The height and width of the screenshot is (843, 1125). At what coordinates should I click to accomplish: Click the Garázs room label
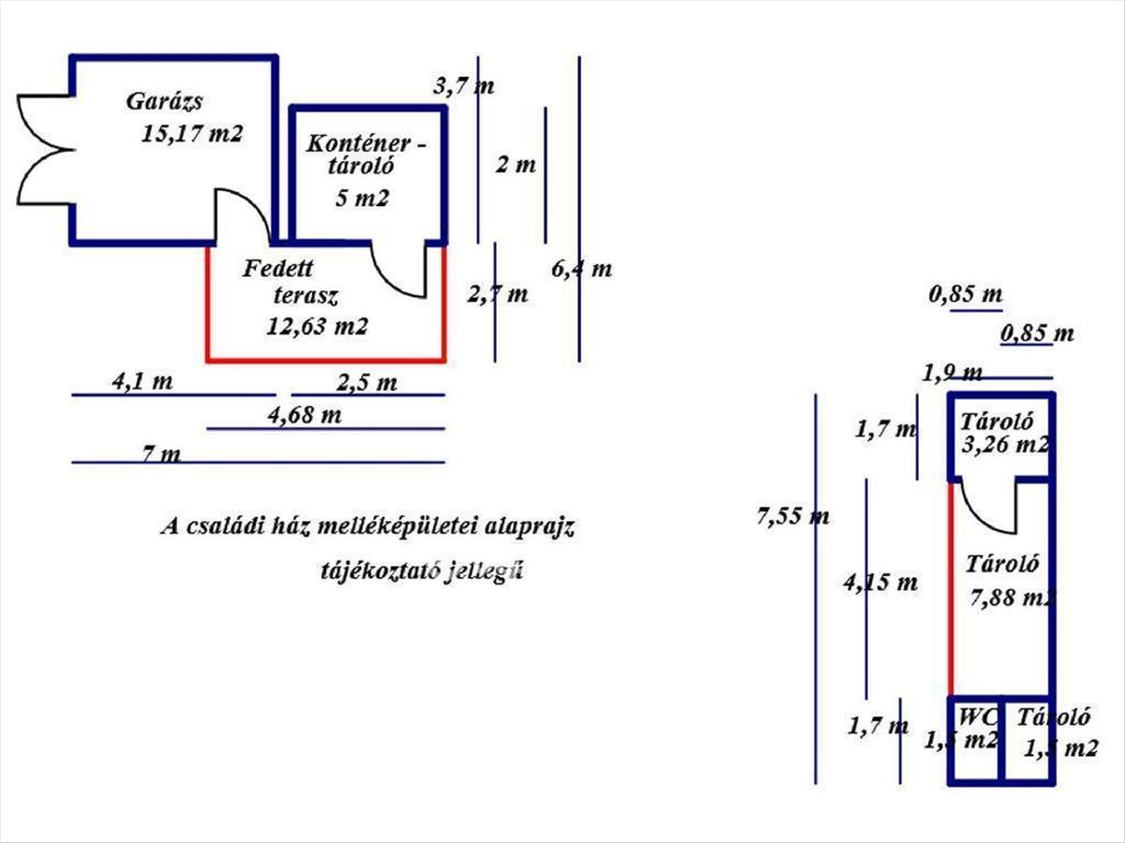point(165,102)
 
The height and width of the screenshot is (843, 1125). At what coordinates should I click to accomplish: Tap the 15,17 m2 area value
point(192,133)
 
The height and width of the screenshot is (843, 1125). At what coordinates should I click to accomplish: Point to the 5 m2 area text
point(361,199)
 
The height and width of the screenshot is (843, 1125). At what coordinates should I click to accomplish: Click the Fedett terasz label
point(290,283)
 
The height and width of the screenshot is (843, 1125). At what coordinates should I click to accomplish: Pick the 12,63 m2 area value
point(317,327)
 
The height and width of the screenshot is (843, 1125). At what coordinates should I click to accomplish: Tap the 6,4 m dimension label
point(581,270)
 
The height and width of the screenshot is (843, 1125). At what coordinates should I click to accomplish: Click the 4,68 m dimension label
point(304,415)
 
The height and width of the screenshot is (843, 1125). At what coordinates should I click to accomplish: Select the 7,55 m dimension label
point(792,515)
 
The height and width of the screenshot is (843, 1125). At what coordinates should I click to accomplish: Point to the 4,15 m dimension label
point(879,583)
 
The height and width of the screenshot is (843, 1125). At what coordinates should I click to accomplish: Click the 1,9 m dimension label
point(952,374)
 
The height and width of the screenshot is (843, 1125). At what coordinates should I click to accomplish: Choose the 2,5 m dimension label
point(366,382)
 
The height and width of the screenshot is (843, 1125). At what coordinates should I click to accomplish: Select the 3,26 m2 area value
point(1005,445)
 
